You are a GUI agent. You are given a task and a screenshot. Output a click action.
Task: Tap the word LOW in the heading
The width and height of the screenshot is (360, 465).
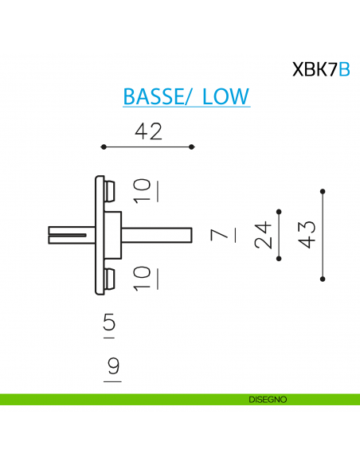coord(226,96)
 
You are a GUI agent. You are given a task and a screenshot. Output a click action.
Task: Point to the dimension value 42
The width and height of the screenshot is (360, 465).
coord(148,131)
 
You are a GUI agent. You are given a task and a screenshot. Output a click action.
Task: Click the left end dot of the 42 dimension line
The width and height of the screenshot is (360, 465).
coord(104,147)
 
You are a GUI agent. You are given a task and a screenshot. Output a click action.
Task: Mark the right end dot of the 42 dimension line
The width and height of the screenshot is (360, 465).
coord(193,147)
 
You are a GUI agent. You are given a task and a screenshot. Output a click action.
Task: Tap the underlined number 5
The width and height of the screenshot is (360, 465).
coord(110,323)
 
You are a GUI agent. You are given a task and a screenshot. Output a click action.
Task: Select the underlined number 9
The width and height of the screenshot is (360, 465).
coord(112,367)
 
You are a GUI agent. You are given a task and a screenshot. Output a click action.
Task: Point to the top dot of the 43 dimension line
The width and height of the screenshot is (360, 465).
coord(323,190)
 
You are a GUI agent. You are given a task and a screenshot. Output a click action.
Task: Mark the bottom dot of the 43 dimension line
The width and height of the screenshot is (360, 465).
coord(323,278)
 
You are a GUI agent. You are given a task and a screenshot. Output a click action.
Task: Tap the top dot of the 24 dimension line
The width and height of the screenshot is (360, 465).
coord(279,211)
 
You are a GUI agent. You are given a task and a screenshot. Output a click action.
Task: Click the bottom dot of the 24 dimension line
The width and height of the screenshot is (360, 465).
coord(279,258)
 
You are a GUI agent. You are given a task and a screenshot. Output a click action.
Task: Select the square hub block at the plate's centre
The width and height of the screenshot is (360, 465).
coord(112,234)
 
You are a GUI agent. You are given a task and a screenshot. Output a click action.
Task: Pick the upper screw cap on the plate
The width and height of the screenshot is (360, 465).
coord(109,190)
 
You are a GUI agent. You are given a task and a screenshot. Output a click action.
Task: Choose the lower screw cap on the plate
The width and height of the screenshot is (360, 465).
coord(109,279)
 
